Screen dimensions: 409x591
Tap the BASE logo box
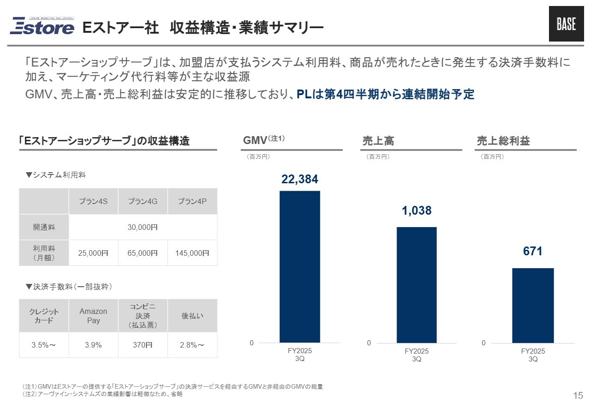(x=566, y=24)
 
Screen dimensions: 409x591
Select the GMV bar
(x=300, y=266)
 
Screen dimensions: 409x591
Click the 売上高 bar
(x=416, y=284)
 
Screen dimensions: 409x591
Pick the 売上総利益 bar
(x=533, y=305)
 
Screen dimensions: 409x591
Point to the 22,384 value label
(x=300, y=179)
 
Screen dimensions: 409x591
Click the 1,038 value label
(x=416, y=211)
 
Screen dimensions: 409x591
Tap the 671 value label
(x=532, y=252)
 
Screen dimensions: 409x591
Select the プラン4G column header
(x=143, y=201)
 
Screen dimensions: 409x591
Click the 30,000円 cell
(x=143, y=227)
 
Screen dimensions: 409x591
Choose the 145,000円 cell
(x=192, y=253)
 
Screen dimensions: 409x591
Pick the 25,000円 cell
(x=93, y=253)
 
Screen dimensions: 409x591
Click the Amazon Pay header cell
(x=93, y=316)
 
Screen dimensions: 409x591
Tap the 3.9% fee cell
(x=93, y=345)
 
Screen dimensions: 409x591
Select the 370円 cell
(x=143, y=345)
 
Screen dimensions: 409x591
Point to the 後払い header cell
(x=192, y=316)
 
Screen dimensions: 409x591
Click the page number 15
(x=578, y=395)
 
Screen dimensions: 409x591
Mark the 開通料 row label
(x=44, y=227)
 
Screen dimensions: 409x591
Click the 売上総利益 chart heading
(x=503, y=141)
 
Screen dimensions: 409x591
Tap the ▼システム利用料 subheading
(x=56, y=175)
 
